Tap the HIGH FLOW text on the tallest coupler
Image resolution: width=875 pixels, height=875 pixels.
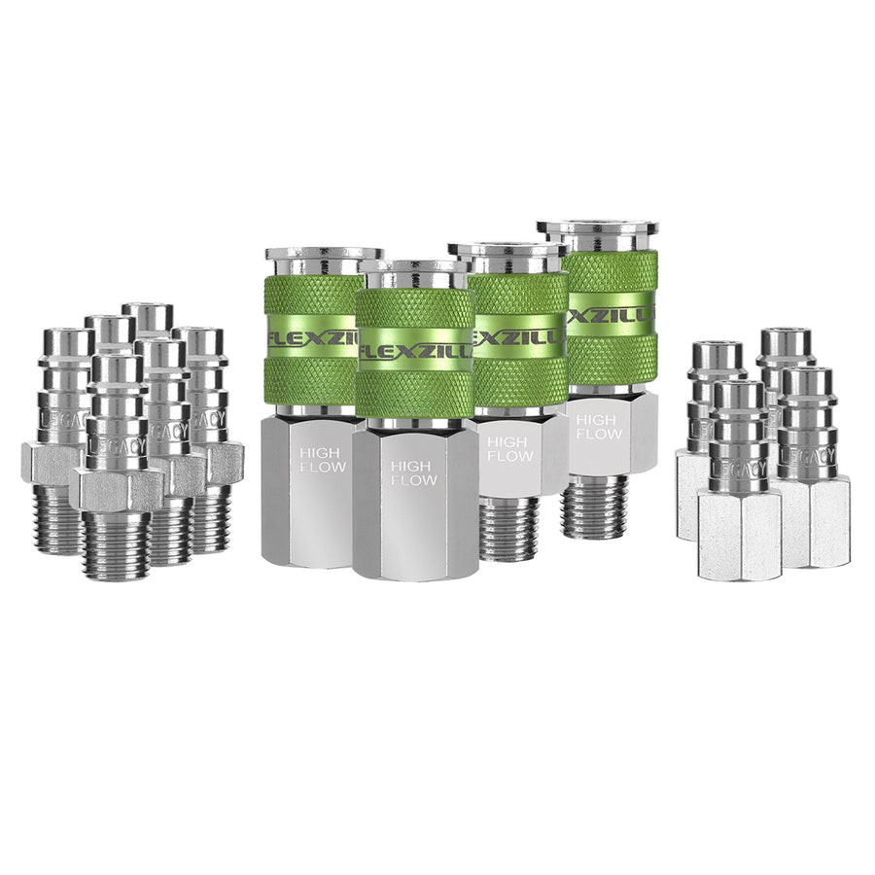click(595, 428)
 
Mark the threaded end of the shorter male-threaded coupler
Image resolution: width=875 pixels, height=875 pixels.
click(507, 530)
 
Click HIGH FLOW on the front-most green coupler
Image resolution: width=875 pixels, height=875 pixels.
click(413, 472)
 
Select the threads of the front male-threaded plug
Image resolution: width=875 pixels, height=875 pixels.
click(117, 544)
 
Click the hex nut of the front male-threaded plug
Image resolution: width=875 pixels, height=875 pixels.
click(119, 488)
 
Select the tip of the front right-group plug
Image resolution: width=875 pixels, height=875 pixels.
click(737, 393)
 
